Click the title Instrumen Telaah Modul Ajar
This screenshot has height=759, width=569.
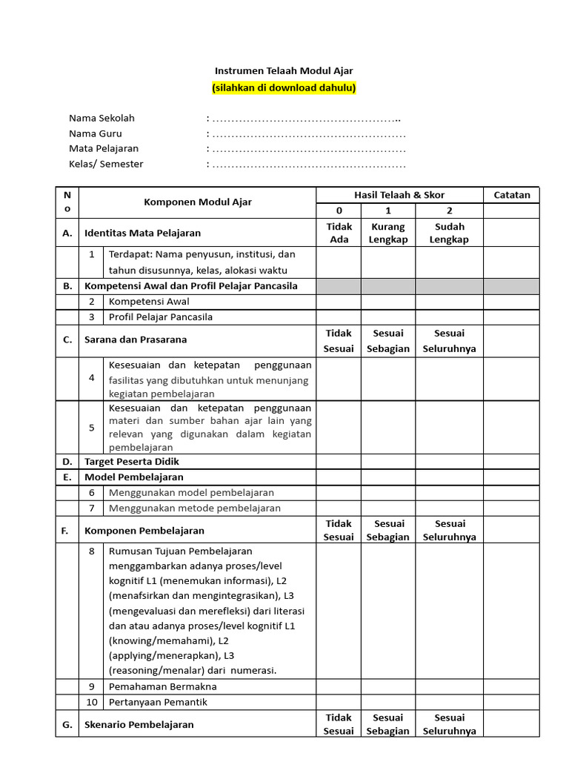[x=284, y=71]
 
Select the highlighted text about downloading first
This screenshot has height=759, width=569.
[x=284, y=87]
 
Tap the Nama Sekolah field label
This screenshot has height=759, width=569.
[x=102, y=118]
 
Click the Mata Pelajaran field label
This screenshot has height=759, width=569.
[x=104, y=149]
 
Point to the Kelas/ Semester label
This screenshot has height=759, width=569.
[x=106, y=165]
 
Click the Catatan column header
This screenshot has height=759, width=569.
[x=512, y=195]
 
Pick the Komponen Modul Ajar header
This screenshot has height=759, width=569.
[x=197, y=202]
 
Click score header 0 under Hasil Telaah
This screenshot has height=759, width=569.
[x=339, y=211]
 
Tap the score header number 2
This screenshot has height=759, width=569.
[x=449, y=211]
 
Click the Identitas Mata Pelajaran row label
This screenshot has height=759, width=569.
[x=142, y=233]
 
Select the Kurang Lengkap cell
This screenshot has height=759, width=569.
[x=388, y=233]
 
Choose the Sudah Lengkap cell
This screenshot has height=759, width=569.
[x=449, y=233]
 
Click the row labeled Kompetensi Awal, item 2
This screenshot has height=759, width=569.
[x=149, y=302]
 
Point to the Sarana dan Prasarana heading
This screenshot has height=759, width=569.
[x=136, y=339]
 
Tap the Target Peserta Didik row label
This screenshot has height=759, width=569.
[x=132, y=461]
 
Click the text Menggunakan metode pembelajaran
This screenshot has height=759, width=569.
[x=195, y=508]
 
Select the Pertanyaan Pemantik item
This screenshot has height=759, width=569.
[x=158, y=702]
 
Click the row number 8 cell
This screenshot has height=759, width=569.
[x=92, y=551]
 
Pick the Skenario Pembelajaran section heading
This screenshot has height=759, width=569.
[x=139, y=724]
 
